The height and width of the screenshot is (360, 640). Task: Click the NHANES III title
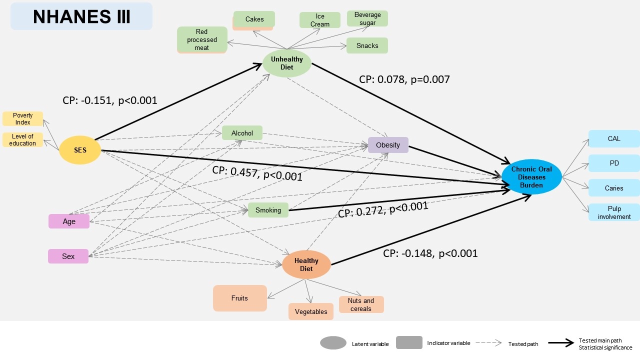pyautogui.click(x=81, y=16)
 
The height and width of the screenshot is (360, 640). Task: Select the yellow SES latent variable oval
pyautogui.click(x=80, y=150)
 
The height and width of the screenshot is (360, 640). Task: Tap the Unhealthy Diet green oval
pyautogui.click(x=287, y=63)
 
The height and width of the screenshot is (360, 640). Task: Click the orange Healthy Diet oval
pyautogui.click(x=306, y=264)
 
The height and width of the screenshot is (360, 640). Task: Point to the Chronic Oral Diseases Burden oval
pyautogui.click(x=531, y=177)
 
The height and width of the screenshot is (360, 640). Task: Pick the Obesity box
pyautogui.click(x=388, y=145)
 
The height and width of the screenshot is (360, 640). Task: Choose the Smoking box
pyautogui.click(x=268, y=210)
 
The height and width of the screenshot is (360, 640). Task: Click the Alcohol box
pyautogui.click(x=242, y=133)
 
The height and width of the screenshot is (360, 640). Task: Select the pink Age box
pyautogui.click(x=69, y=221)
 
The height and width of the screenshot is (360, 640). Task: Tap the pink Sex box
pyautogui.click(x=68, y=256)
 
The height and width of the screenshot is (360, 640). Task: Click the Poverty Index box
pyautogui.click(x=22, y=119)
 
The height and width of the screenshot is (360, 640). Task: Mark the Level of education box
pyautogui.click(x=22, y=140)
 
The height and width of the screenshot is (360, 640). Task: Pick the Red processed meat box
pyautogui.click(x=202, y=40)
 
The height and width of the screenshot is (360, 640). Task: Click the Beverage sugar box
pyautogui.click(x=367, y=18)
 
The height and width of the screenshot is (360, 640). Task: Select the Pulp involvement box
pyautogui.click(x=614, y=212)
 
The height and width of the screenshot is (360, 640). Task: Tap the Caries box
pyautogui.click(x=614, y=188)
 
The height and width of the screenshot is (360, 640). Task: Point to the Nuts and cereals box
pyautogui.click(x=361, y=304)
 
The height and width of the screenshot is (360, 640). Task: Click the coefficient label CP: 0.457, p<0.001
pyautogui.click(x=257, y=173)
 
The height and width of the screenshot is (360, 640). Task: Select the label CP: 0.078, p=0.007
pyautogui.click(x=404, y=79)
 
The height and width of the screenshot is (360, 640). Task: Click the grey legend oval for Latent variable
pyautogui.click(x=333, y=343)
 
